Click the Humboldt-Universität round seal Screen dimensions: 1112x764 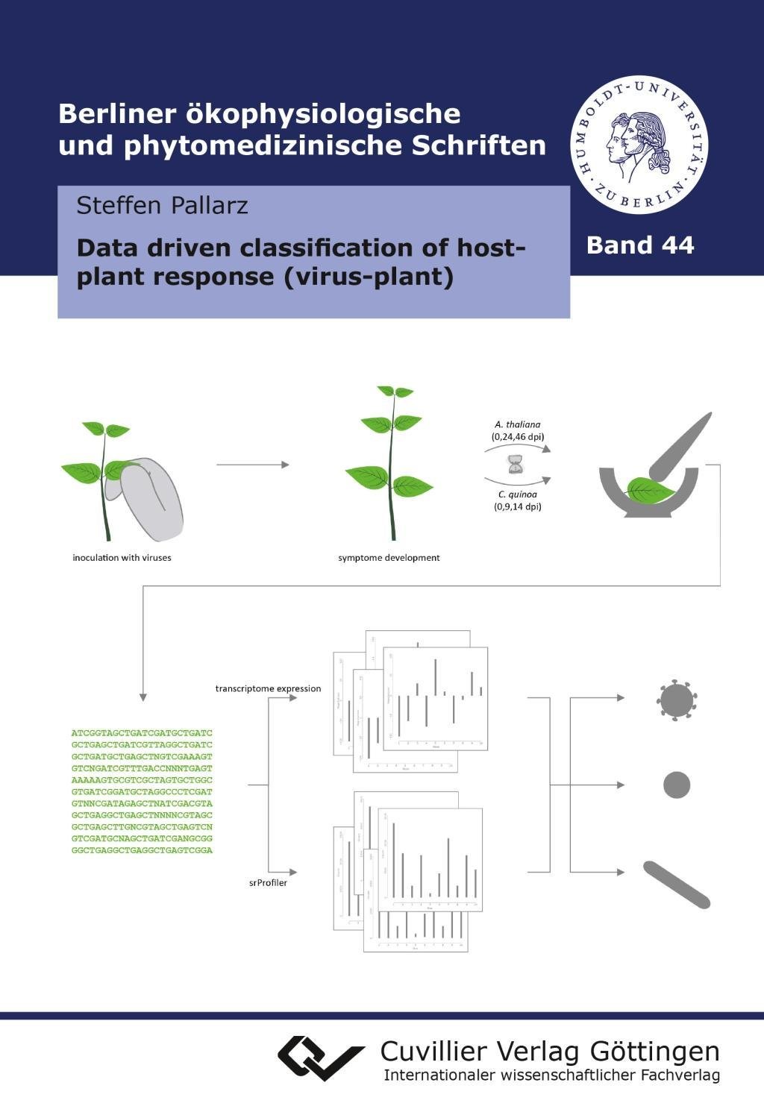(639, 145)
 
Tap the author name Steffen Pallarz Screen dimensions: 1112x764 (162, 205)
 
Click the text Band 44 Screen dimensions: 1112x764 (640, 245)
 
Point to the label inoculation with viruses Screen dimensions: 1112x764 (122, 558)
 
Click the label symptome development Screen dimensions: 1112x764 (389, 558)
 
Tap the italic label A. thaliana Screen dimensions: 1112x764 (518, 425)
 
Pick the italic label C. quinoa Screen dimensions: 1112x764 (518, 494)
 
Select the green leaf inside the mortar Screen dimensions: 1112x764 (651, 490)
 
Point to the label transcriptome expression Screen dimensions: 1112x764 (268, 688)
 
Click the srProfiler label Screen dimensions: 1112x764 (268, 883)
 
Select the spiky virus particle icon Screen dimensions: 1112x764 (677, 700)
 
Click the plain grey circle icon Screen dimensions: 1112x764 (677, 785)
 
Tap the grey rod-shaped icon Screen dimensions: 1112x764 (677, 885)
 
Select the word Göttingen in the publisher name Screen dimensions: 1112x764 (654, 1052)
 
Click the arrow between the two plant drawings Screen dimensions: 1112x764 (252, 465)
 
